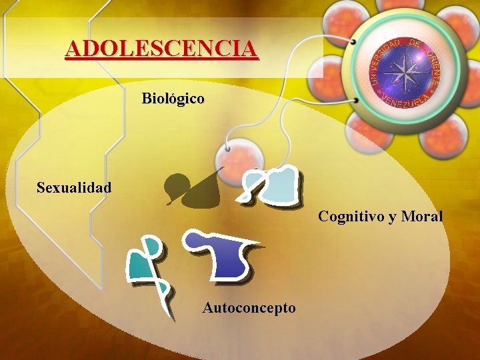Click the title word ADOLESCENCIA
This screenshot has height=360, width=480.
coord(161,49)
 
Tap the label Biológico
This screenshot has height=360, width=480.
coord(173,99)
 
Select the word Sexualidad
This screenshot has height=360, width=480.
coord(74,187)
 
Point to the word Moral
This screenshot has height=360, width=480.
coord(423,217)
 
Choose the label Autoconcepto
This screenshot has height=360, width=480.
coord(249,308)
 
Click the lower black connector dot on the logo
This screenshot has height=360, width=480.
coord(358,101)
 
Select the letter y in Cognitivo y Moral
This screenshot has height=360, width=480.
coord(390,217)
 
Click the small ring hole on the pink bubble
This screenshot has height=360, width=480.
coord(229,146)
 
